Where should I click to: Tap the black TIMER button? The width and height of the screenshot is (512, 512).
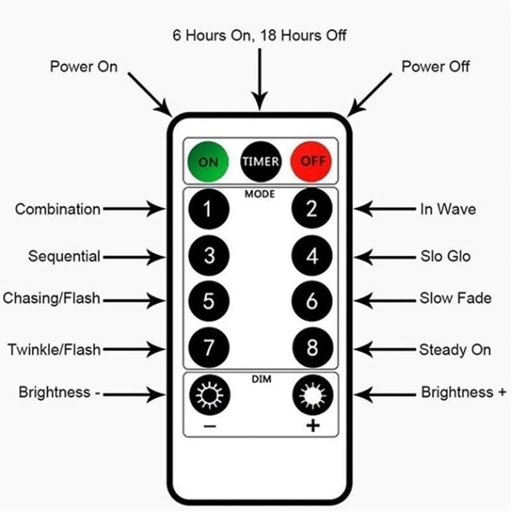(x=260, y=161)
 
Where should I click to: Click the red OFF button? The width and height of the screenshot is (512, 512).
(x=312, y=161)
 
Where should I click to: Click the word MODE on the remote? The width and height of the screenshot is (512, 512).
(x=260, y=193)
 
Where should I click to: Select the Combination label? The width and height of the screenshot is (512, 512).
(x=58, y=209)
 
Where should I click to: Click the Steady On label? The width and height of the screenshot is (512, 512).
(x=454, y=349)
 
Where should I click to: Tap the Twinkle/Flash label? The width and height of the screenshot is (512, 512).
(x=54, y=349)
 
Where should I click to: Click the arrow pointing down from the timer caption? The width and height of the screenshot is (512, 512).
(x=259, y=77)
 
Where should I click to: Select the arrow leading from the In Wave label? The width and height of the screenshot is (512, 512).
(x=384, y=209)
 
